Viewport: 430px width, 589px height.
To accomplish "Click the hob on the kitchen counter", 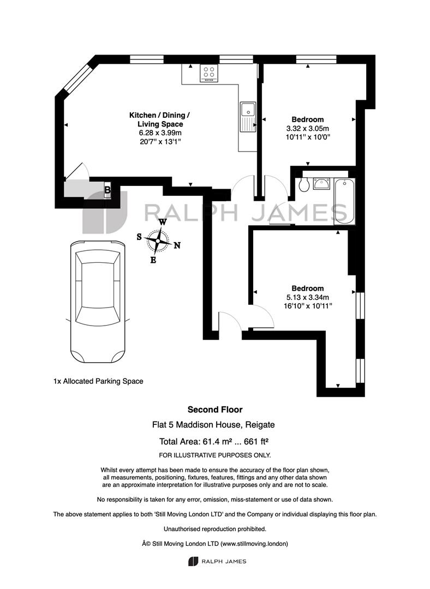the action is click(x=209, y=73).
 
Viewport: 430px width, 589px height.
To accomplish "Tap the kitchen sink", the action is click(x=248, y=117).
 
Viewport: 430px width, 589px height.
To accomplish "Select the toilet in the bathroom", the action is click(x=304, y=184).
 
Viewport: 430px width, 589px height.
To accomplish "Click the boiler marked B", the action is click(x=107, y=190).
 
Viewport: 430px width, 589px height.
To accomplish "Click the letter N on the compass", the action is click(x=177, y=245).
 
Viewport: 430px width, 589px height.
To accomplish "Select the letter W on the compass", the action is click(x=163, y=222).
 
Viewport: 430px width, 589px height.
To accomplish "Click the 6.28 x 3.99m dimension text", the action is click(x=160, y=133).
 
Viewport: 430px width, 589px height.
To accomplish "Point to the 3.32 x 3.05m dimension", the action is click(x=307, y=129).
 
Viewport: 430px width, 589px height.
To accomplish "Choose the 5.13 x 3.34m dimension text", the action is click(x=307, y=298).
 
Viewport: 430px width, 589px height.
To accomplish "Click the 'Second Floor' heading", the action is click(x=215, y=410).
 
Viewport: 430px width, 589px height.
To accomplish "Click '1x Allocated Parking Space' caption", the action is click(x=98, y=381).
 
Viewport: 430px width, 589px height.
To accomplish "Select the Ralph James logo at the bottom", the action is click(x=217, y=562).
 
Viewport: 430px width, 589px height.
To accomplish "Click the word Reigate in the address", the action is click(x=260, y=425).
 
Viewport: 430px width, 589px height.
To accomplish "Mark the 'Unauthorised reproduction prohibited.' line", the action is click(x=215, y=529).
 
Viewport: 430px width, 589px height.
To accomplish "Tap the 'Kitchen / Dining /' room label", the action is click(x=159, y=115).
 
